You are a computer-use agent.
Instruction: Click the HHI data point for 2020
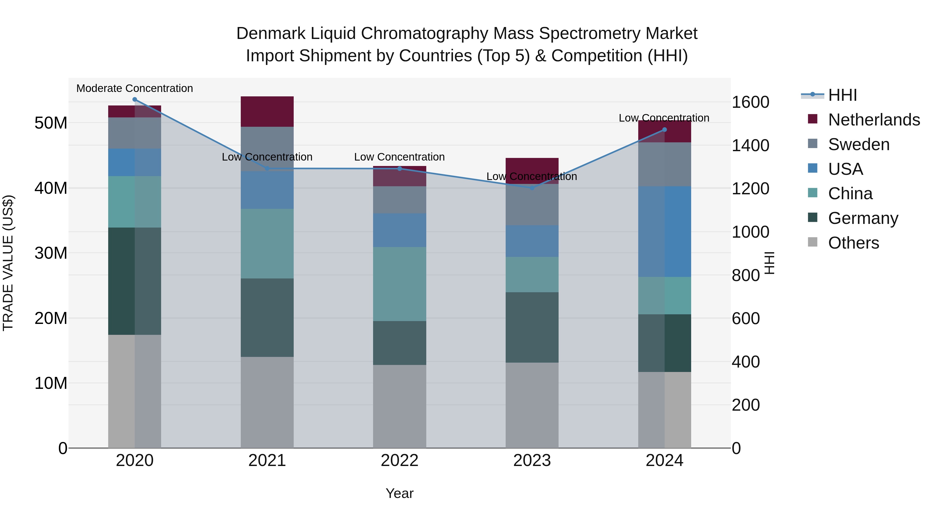point(134,99)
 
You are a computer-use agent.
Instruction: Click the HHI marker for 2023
point(532,188)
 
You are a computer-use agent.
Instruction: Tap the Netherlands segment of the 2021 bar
point(267,111)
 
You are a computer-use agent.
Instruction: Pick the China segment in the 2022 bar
point(400,284)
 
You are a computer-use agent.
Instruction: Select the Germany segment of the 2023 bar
point(532,327)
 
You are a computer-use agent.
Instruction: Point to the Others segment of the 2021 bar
point(267,402)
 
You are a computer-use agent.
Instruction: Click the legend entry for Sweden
point(858,144)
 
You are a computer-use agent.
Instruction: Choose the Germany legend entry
point(863,218)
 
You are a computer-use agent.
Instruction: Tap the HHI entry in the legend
point(842,95)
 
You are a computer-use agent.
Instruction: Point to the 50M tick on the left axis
point(51,123)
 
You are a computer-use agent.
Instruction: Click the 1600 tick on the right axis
point(750,102)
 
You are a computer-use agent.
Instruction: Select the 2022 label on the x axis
point(400,461)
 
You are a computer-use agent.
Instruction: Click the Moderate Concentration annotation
point(134,88)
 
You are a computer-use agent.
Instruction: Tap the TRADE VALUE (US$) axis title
point(8,263)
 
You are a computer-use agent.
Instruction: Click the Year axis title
point(400,493)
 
